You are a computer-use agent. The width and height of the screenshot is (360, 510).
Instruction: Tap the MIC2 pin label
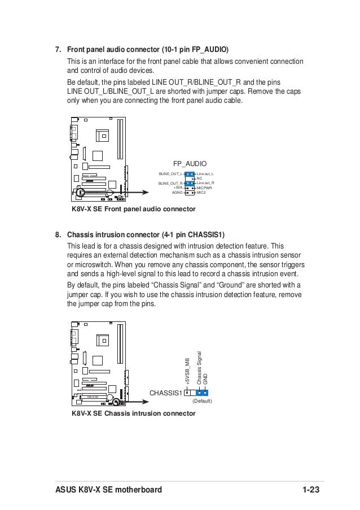[201, 193]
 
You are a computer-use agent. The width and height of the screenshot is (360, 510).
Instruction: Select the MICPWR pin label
[204, 188]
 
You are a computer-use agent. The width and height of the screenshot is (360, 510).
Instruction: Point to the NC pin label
[199, 178]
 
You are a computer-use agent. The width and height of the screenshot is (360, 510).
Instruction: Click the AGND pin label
[177, 193]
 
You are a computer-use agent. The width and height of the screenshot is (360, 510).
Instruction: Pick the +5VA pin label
[178, 188]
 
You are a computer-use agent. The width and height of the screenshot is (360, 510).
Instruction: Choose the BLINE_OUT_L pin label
[170, 173]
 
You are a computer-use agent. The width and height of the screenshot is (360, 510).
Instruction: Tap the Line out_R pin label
[206, 183]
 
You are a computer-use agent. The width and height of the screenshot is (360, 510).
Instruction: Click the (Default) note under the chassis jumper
[202, 401]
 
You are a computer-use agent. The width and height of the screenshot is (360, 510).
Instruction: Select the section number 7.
[58, 50]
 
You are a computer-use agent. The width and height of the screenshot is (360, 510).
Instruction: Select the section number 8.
[58, 234]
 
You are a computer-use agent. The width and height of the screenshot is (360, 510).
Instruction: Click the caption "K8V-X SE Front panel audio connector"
[133, 210]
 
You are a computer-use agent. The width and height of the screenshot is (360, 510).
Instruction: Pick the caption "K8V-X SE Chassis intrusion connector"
[133, 413]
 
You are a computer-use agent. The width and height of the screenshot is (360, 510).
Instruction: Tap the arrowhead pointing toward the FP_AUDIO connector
[146, 193]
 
